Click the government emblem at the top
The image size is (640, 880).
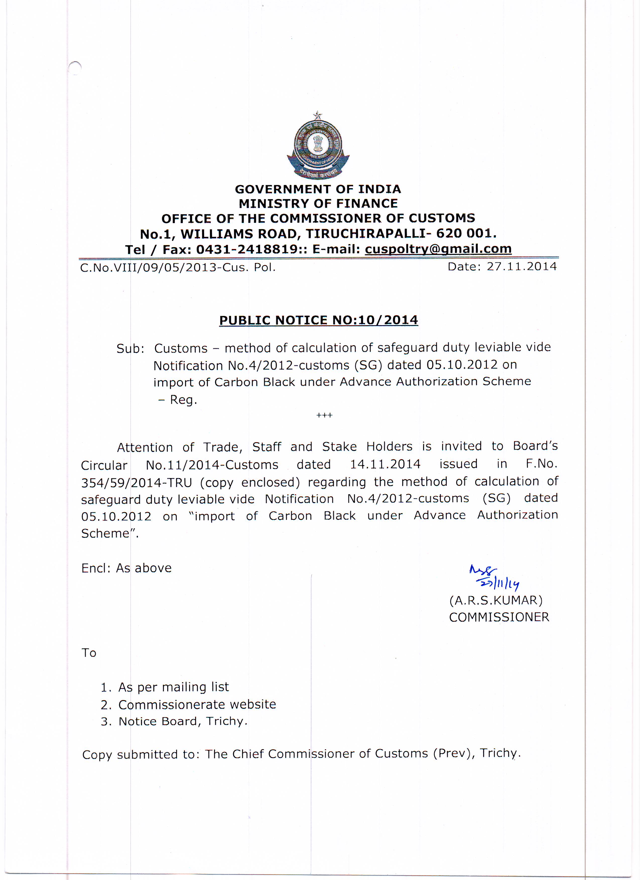click(318, 147)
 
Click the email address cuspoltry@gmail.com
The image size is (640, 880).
click(438, 249)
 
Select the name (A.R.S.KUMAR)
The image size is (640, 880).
click(496, 600)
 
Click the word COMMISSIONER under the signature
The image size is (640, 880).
click(499, 617)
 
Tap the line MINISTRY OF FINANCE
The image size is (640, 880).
click(318, 204)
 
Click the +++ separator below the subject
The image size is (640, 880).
click(324, 416)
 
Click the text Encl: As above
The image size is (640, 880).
click(126, 568)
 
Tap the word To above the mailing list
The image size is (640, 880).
click(89, 653)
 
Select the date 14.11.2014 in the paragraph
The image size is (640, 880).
click(385, 464)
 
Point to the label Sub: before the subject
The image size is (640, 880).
click(130, 349)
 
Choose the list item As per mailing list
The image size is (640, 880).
click(173, 687)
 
